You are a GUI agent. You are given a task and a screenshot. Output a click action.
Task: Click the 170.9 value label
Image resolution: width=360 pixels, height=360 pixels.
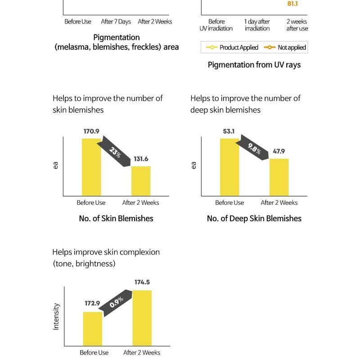click(91, 131)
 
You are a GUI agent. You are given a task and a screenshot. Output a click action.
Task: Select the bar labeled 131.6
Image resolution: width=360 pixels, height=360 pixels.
click(141, 181)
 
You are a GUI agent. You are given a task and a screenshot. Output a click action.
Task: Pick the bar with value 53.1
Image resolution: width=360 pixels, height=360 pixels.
click(229, 167)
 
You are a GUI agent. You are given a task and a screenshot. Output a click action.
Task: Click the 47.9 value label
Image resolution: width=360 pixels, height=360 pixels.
click(279, 152)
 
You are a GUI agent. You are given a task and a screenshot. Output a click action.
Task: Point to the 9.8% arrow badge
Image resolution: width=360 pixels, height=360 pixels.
click(254, 148)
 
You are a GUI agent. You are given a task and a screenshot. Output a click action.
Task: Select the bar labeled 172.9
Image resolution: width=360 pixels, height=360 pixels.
click(93, 328)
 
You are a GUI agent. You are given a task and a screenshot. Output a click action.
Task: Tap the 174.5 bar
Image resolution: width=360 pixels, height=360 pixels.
click(142, 318)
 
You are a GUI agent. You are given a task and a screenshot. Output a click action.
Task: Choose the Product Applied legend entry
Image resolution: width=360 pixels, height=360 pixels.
click(232, 47)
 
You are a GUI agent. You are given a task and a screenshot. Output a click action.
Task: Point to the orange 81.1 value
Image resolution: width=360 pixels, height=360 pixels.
click(292, 4)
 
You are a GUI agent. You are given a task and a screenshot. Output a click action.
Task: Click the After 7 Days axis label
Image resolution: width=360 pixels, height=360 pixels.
click(116, 22)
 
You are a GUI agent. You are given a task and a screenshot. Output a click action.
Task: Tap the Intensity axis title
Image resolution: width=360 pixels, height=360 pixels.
click(56, 316)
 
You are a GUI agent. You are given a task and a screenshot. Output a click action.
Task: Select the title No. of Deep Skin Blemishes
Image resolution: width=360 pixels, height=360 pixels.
click(254, 218)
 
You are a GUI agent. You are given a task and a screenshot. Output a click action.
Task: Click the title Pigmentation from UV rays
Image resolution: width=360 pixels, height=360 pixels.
click(254, 65)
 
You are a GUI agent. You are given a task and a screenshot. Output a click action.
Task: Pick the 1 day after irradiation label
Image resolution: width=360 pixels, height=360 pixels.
click(257, 25)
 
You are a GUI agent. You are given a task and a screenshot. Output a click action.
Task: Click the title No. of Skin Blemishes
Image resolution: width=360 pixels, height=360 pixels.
click(116, 218)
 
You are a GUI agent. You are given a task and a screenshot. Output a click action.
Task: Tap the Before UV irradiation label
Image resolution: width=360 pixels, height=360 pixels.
click(216, 25)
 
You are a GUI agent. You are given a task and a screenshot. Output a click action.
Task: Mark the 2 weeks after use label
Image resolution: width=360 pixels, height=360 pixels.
click(297, 25)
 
